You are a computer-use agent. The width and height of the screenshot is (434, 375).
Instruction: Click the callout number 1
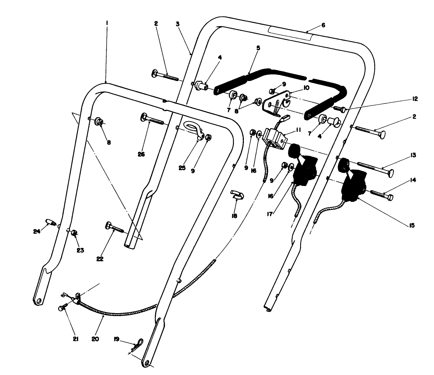(x=106, y=23)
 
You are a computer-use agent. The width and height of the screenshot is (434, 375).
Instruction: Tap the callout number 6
(x=323, y=25)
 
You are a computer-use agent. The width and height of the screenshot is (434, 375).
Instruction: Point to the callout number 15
(x=412, y=225)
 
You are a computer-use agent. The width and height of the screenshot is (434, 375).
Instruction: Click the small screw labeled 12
(x=340, y=109)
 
